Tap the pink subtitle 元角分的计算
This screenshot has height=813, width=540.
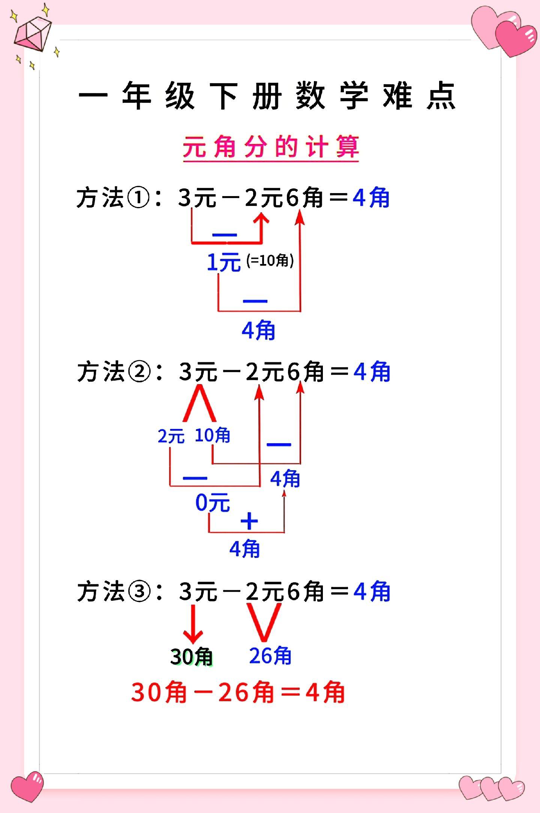(271, 147)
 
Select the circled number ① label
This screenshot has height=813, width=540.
(139, 198)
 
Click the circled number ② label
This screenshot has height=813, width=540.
(139, 372)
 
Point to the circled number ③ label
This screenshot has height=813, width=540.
(139, 592)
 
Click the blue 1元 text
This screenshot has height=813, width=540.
(224, 262)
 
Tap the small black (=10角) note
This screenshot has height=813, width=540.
(270, 260)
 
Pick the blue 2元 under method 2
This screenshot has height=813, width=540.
(171, 436)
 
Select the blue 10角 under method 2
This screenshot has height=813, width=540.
(212, 435)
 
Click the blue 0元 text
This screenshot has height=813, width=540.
(212, 502)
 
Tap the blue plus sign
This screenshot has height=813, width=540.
(249, 522)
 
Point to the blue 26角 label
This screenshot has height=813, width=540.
(270, 655)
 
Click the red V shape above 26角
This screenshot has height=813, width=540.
(264, 622)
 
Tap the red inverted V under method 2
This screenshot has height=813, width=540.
(199, 403)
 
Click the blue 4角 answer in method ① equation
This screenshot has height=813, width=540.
(371, 198)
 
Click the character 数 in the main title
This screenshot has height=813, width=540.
(310, 96)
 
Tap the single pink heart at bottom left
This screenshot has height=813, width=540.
(27, 787)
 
